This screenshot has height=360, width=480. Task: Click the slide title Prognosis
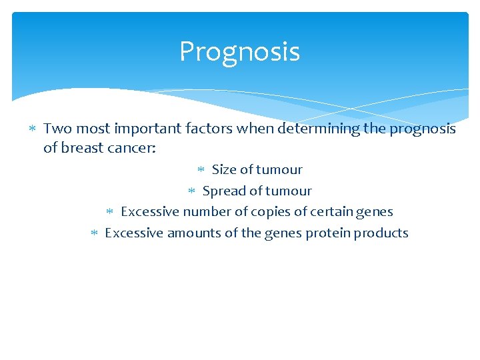coord(239,52)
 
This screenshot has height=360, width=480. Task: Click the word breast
coord(79,147)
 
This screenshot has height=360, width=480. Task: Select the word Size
coord(224,169)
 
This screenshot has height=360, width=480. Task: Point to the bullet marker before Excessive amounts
coord(94,233)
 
